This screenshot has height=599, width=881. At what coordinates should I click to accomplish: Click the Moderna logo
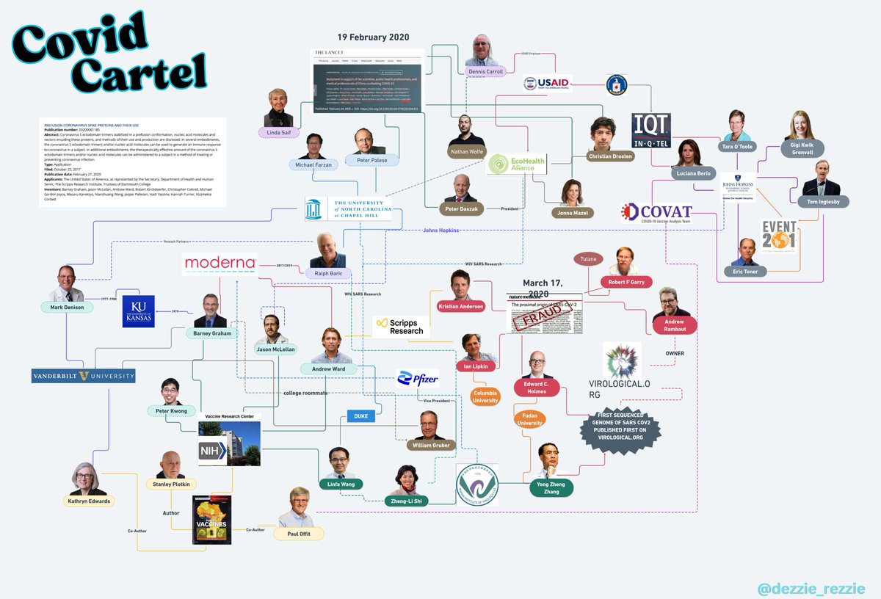(x=220, y=263)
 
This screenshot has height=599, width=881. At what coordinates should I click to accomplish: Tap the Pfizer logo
(x=417, y=379)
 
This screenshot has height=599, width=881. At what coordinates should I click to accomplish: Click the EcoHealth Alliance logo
(x=518, y=164)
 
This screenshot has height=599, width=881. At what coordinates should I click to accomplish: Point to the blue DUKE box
(x=360, y=416)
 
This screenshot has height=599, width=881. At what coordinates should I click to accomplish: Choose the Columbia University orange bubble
(x=486, y=397)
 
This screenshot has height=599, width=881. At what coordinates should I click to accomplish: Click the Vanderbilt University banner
(x=83, y=376)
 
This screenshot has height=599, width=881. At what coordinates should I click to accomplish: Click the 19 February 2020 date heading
(x=374, y=37)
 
